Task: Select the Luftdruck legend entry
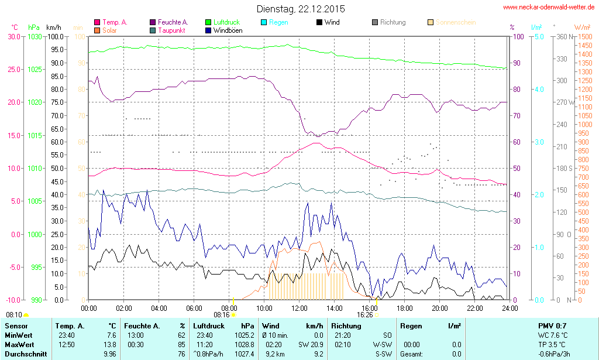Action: click(x=226, y=22)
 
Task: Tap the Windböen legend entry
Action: click(x=228, y=30)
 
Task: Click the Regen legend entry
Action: click(x=278, y=22)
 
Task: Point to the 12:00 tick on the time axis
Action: click(x=299, y=308)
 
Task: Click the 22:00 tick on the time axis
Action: click(x=474, y=308)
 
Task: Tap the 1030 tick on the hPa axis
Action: click(x=35, y=36)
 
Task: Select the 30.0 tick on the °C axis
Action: click(x=13, y=36)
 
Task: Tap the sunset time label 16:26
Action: click(x=364, y=314)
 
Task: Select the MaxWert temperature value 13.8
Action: click(x=110, y=345)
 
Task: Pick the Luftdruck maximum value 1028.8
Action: click(x=244, y=345)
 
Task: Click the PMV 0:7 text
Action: click(x=552, y=325)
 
